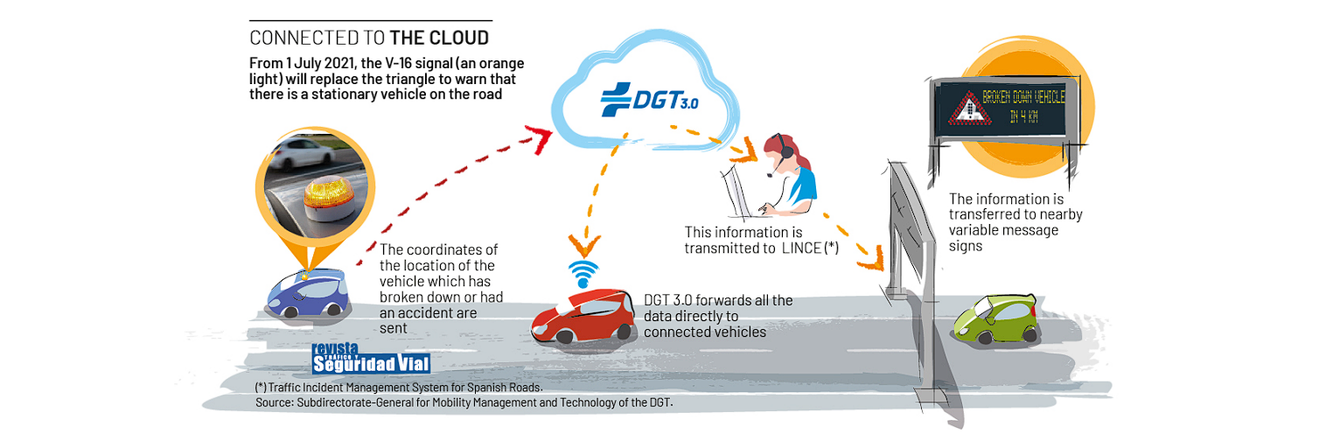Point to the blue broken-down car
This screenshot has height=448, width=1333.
[x=308, y=293]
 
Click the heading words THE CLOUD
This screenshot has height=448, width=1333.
[x=439, y=38]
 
